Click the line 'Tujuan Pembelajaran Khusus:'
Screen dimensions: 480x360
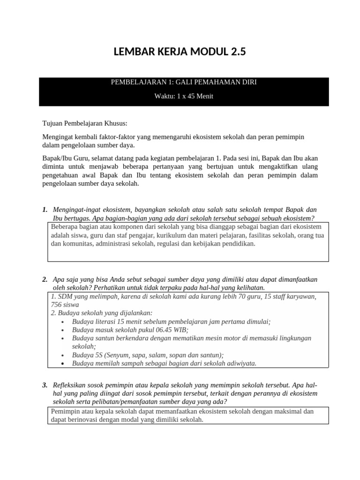click(85, 124)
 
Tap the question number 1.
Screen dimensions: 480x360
click(45, 209)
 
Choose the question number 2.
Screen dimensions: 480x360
click(45, 279)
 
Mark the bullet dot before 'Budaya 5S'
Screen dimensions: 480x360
click(63, 355)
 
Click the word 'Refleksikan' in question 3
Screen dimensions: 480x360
click(71, 385)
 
